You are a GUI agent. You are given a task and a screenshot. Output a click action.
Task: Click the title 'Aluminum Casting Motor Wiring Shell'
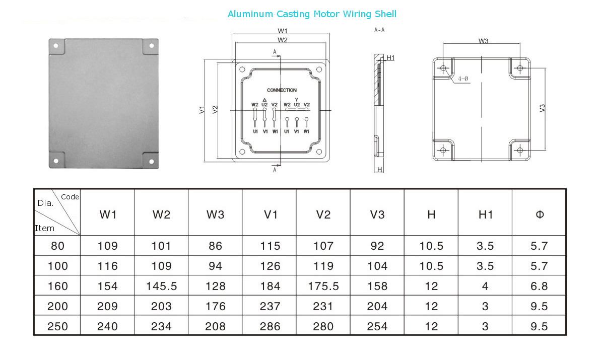tap(312, 14)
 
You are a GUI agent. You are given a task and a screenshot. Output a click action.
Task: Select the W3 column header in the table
tap(216, 214)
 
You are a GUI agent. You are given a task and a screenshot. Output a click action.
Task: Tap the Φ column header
tap(540, 214)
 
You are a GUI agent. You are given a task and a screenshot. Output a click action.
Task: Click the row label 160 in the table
tap(58, 286)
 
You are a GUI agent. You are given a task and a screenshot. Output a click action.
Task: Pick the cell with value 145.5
tap(162, 286)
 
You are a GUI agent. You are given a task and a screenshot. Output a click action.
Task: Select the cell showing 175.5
tap(323, 286)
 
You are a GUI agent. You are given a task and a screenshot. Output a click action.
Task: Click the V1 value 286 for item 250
tap(270, 326)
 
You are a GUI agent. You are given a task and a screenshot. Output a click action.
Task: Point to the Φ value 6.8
tap(539, 286)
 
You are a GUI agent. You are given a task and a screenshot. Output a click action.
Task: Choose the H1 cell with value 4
tap(485, 286)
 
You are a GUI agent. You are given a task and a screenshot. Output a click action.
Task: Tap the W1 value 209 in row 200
tap(107, 306)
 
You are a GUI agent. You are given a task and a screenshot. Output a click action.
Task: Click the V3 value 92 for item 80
tap(377, 246)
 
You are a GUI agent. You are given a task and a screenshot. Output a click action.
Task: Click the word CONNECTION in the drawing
tap(282, 90)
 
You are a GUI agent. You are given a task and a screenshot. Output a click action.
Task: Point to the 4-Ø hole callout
tap(463, 79)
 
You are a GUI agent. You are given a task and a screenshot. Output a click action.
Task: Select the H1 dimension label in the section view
tap(390, 58)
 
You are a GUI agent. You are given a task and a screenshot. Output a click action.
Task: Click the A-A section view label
tap(379, 30)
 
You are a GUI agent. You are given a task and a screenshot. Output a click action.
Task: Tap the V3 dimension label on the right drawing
tap(542, 108)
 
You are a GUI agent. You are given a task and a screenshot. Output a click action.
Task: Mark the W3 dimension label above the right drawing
tap(483, 41)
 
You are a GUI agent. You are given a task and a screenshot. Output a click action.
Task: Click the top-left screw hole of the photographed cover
tap(56, 46)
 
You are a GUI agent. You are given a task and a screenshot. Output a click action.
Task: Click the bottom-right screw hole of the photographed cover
tap(151, 161)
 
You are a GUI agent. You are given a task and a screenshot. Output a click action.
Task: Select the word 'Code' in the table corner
tap(70, 197)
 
